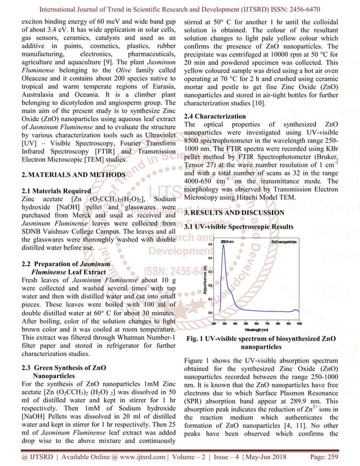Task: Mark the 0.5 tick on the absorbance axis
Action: point(209,244)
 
